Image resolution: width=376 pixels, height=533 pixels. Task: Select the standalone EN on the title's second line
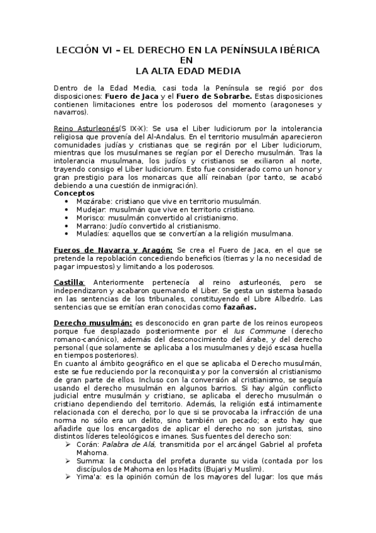[x=187, y=60]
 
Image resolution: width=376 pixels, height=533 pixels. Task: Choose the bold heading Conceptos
[x=75, y=193]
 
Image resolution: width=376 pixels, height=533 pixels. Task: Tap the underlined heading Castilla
[x=70, y=282]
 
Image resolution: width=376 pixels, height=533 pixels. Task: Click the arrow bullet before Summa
[x=68, y=461]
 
